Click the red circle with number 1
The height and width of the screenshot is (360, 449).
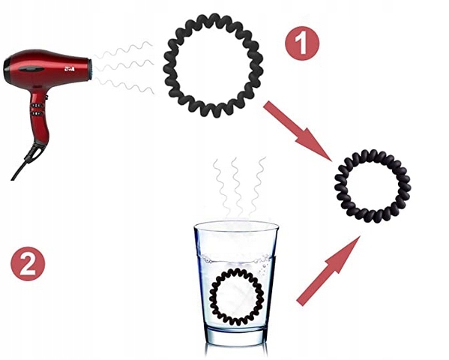click(x=302, y=43)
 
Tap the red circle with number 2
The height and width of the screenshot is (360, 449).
click(x=28, y=264)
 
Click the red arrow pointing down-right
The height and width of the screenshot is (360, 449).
click(x=298, y=131)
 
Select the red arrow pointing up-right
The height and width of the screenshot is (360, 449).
click(x=328, y=271)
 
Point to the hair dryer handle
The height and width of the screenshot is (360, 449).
click(x=40, y=121)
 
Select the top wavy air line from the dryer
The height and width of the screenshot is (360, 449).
click(x=124, y=50)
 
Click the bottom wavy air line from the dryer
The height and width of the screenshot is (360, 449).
click(x=126, y=85)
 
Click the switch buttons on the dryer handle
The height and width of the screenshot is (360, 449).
click(x=37, y=109)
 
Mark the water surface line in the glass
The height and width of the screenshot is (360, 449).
click(x=236, y=259)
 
